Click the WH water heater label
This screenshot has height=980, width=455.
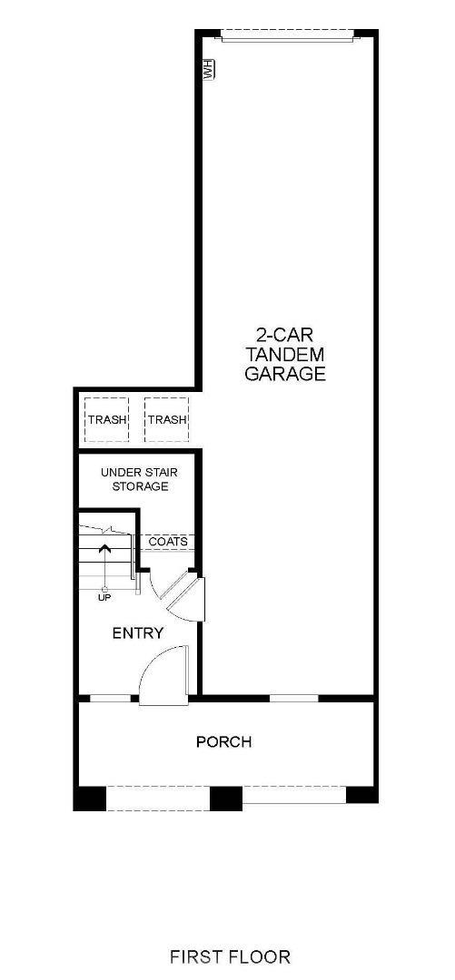tap(208, 70)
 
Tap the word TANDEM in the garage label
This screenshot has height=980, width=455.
tap(285, 353)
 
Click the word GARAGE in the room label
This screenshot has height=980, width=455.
tap(285, 374)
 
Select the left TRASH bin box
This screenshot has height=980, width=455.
tap(107, 419)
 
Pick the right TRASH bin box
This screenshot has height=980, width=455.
tap(166, 419)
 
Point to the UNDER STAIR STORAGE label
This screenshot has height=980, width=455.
tap(134, 479)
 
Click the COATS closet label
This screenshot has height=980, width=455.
tap(168, 542)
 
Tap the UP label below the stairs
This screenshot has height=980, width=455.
tap(105, 597)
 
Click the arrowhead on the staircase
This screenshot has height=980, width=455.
tap(105, 549)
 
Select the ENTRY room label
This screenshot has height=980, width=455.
tap(138, 632)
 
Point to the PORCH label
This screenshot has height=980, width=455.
tap(223, 742)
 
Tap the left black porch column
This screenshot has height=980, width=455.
tap(90, 799)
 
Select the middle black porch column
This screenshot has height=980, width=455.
tap(226, 799)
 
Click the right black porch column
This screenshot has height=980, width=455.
tap(361, 796)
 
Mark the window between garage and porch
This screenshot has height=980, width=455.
tap(294, 698)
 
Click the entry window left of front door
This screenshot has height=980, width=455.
tap(109, 698)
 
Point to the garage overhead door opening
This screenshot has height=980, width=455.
tap(286, 35)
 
